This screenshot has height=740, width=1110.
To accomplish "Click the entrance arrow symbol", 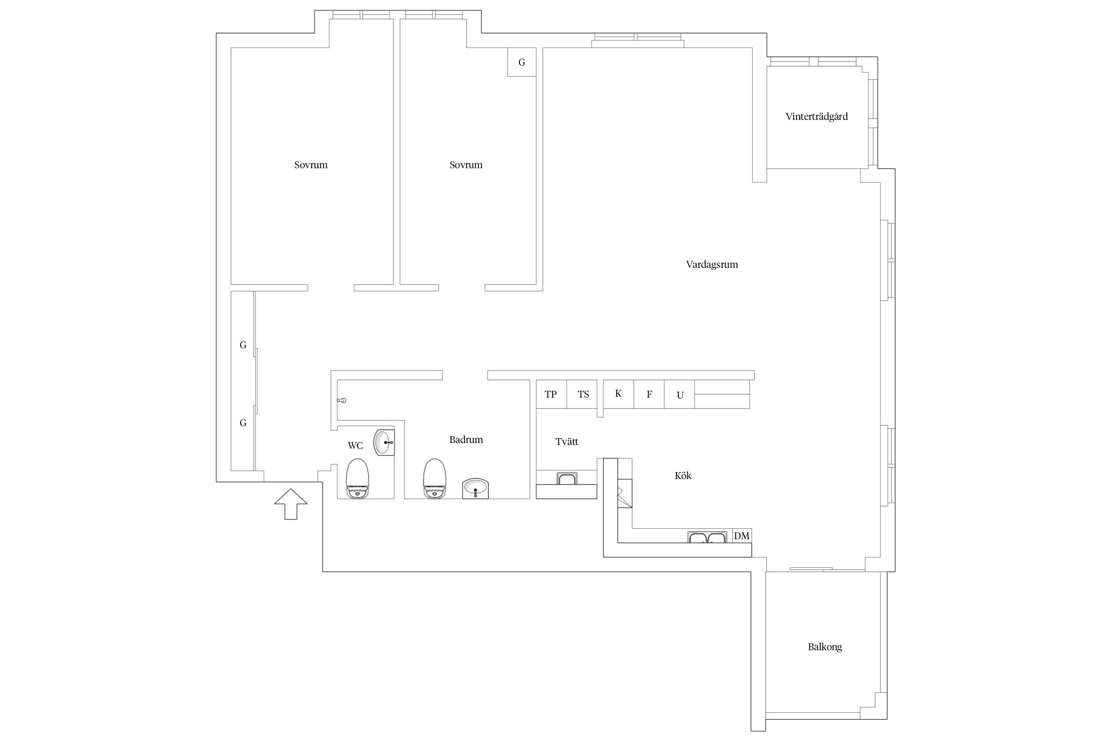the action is pos(291,504).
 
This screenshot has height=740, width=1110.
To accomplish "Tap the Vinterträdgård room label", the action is pos(816,117).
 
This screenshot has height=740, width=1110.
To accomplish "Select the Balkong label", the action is pos(825,647).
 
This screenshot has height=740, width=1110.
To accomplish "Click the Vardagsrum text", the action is pos(712,264).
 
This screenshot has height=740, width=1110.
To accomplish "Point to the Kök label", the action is pos(683,476).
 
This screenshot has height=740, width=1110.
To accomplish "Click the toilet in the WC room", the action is pos(358,479).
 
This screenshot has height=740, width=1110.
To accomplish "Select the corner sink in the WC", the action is pos(384,443).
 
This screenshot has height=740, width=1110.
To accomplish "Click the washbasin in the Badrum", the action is pos(476,488).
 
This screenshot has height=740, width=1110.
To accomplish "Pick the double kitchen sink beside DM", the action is pos(707,537).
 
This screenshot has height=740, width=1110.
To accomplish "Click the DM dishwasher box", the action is pos(741,536).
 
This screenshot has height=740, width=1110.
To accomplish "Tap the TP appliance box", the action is pos(551,394).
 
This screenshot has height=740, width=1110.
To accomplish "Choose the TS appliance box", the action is pos(583,394).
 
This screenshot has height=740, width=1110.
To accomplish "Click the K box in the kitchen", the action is pos(619,394).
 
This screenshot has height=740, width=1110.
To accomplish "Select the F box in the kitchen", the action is pos(649,394).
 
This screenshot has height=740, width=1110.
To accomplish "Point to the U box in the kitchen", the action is pos(680,394).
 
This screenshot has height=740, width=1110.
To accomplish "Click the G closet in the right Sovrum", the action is pos(522,62).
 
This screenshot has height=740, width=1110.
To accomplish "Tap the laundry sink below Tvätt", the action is pos(567,479).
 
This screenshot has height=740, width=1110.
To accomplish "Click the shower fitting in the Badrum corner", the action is pos(341,400).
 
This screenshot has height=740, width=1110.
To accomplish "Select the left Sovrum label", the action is pos(311,165).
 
